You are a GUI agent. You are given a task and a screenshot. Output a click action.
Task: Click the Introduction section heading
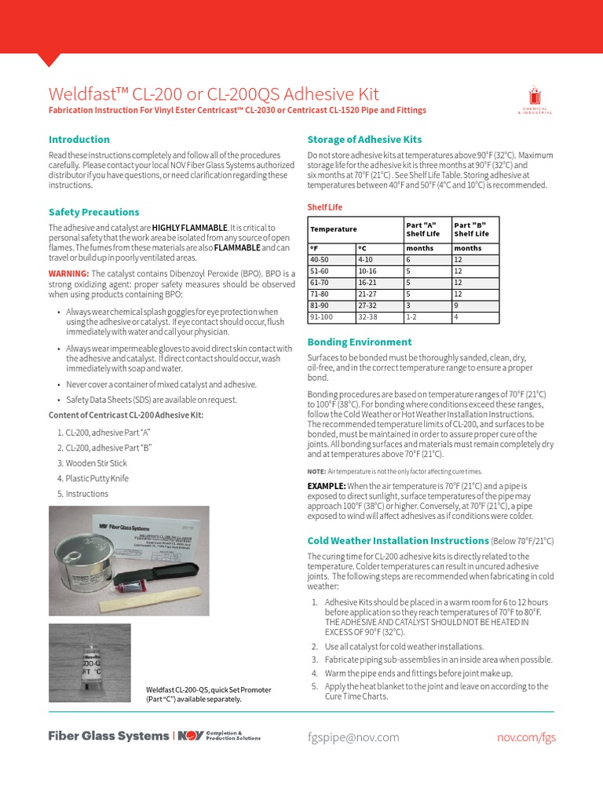click(79, 139)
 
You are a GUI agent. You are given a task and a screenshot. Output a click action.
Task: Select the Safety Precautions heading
click(93, 212)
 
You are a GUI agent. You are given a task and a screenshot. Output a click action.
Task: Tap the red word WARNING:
click(69, 272)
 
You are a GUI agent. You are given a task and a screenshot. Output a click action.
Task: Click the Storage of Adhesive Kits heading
click(364, 139)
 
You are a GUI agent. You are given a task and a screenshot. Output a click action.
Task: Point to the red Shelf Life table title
click(324, 207)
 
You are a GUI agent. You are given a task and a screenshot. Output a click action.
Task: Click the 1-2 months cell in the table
click(411, 318)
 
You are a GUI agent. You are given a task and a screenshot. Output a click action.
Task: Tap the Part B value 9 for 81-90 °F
click(457, 306)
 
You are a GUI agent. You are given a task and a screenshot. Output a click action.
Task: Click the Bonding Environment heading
click(359, 342)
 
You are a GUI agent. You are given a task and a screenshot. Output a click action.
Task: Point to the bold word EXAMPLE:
click(326, 486)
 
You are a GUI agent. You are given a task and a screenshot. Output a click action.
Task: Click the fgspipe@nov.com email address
click(353, 737)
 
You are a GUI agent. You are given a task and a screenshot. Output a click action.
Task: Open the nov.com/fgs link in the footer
click(526, 737)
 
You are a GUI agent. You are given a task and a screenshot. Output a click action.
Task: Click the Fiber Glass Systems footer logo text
click(108, 736)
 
